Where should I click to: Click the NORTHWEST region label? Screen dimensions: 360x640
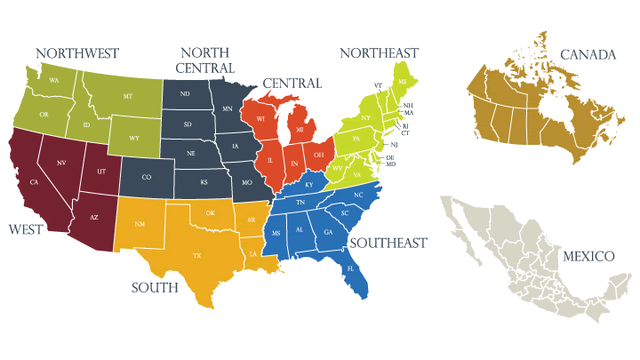[x=76, y=54]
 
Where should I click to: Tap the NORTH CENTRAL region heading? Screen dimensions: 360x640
[x=205, y=60]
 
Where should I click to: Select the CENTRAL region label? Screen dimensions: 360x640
[x=292, y=84]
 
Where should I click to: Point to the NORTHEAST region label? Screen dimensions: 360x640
[x=379, y=53]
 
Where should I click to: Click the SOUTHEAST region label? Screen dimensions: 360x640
[x=388, y=243]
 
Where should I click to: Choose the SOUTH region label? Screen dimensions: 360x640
[x=155, y=288]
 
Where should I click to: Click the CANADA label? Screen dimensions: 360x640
[x=588, y=55]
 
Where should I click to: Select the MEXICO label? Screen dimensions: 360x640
[x=588, y=256]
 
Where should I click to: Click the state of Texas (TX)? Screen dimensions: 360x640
[x=197, y=256]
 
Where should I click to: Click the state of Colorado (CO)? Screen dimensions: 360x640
[x=147, y=177]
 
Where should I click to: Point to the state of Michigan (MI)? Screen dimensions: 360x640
[x=300, y=131]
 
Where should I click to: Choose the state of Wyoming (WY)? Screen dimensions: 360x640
[x=134, y=138]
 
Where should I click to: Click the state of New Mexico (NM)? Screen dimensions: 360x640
[x=140, y=223]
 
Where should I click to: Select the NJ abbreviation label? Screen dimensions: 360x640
[x=394, y=144]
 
